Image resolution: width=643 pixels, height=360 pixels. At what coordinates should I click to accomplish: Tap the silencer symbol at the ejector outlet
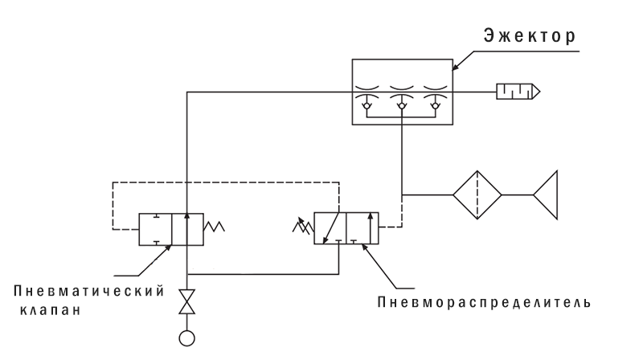(x=515, y=93)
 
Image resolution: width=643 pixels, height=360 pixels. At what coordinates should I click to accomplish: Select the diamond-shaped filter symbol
(x=477, y=194)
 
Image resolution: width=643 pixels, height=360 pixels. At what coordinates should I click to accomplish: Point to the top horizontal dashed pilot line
(x=225, y=182)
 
